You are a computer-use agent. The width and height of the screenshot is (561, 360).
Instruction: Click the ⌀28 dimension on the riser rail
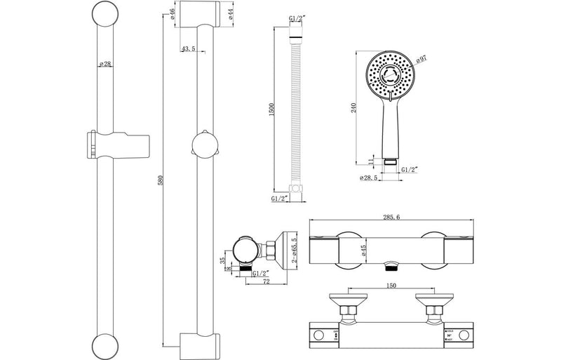[x=104, y=65]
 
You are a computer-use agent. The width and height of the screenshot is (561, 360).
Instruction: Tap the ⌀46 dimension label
[x=172, y=13]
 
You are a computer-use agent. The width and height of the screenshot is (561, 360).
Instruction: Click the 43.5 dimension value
[x=188, y=48]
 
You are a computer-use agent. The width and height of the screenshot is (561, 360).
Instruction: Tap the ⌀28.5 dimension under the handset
[x=370, y=178]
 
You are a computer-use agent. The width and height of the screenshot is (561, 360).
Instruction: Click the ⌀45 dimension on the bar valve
[x=364, y=252]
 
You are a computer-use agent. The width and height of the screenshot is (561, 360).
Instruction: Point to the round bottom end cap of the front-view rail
[x=104, y=345]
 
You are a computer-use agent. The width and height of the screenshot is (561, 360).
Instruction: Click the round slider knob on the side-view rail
[x=203, y=147]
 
